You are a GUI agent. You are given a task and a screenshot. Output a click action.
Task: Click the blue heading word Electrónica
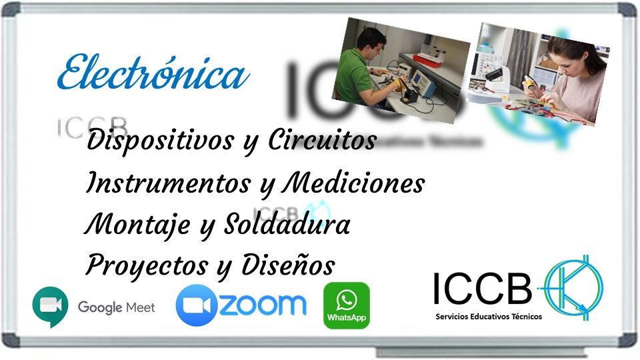click(152, 74)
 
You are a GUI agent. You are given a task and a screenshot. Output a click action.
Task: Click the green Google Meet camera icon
click(51, 306)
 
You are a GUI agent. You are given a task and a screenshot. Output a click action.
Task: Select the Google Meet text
click(116, 307)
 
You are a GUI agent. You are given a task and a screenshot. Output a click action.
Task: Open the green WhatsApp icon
click(346, 305)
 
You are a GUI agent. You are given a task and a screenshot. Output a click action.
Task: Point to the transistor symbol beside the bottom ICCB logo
click(574, 287)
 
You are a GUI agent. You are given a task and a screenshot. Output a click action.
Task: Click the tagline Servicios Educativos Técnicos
click(488, 317)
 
